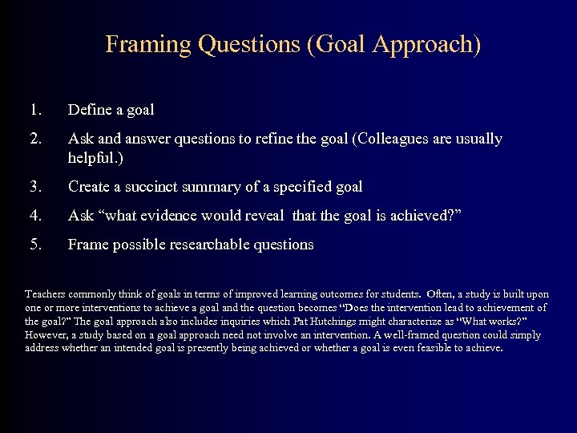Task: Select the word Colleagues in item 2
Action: pyautogui.click(x=389, y=139)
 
